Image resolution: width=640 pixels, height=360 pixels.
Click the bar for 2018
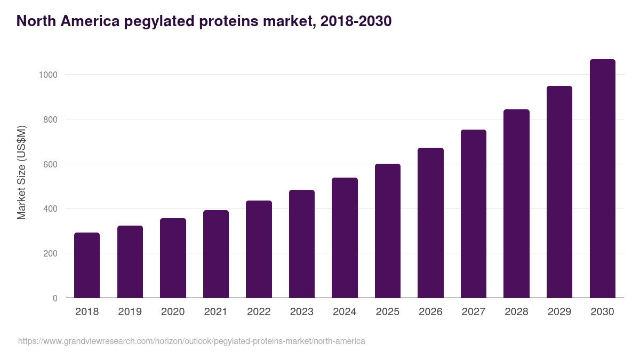(87, 265)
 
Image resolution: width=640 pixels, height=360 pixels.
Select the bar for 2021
(215, 254)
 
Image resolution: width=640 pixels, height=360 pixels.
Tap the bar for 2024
(345, 238)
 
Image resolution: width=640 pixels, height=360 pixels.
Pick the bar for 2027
(474, 214)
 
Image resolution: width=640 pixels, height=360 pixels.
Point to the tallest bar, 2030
(602, 179)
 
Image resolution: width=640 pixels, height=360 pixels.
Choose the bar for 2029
(559, 192)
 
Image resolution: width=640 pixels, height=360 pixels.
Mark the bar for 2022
(259, 249)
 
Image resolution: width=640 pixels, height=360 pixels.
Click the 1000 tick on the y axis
(47, 75)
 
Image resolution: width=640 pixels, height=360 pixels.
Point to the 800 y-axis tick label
(50, 119)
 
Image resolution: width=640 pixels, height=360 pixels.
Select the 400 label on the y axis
(50, 209)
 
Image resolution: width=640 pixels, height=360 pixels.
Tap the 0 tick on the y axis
(55, 298)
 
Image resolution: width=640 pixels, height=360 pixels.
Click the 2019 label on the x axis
(130, 312)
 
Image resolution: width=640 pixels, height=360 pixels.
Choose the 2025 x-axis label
(387, 312)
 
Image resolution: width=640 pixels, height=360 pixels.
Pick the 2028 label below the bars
(516, 312)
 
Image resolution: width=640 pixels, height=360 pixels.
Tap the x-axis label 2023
(301, 312)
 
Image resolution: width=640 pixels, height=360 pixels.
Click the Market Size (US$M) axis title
(21, 173)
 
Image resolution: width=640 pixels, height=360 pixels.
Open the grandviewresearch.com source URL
(191, 341)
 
